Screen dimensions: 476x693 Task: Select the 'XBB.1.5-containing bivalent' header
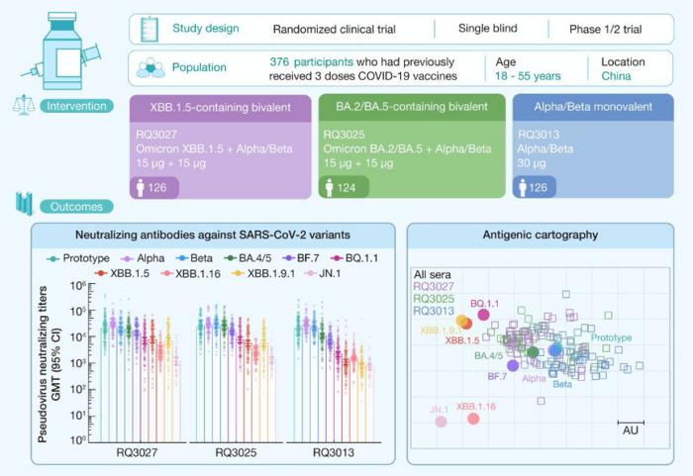(x=220, y=107)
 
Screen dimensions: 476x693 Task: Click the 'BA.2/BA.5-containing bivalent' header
(x=411, y=107)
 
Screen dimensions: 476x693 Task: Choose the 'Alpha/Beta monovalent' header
(x=595, y=107)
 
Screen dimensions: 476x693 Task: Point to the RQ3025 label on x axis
(x=236, y=452)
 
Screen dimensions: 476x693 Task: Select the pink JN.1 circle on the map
(x=441, y=422)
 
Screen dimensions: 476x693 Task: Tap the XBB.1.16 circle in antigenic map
(x=473, y=419)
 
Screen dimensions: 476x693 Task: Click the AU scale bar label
(x=630, y=429)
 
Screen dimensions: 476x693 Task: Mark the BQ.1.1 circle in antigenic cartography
(x=484, y=315)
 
